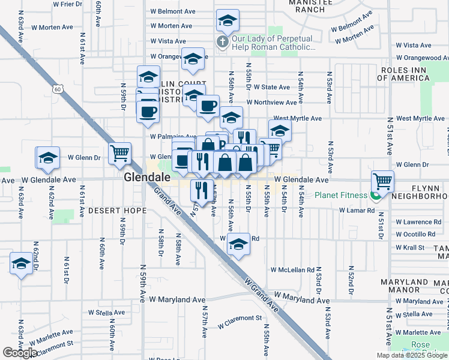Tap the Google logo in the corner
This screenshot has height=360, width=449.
point(20,353)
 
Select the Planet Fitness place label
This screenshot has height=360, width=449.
point(342,195)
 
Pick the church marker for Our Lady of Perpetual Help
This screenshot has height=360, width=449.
point(221,42)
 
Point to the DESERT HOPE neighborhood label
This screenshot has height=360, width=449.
point(117,211)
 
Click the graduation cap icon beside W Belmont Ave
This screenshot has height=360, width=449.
point(227,20)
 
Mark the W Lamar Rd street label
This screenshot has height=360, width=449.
point(357,211)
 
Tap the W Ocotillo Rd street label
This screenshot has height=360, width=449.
point(419,234)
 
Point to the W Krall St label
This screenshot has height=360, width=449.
point(412,247)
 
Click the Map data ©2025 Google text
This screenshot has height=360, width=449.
point(412,355)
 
